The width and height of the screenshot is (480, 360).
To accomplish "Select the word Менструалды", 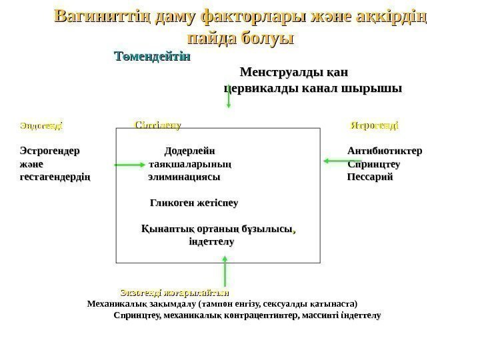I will coord(276,71).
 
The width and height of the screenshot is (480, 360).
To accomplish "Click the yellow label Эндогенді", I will coord(41,125).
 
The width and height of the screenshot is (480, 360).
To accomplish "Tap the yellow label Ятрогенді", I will coord(375,125).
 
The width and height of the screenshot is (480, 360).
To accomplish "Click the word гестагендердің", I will coord(56,178).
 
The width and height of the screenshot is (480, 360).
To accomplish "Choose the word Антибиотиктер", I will coord(384,151).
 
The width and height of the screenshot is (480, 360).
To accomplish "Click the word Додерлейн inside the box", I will coord(190,151).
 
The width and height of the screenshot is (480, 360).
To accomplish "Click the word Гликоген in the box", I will coord(173,201).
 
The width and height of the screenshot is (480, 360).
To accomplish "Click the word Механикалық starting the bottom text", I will coord(117,303).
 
